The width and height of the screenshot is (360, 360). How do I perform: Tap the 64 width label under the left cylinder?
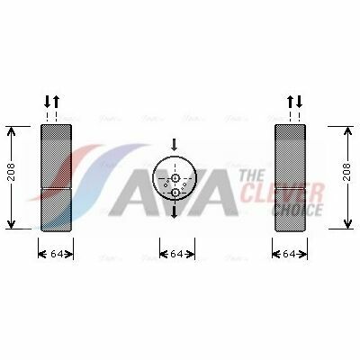(x=56, y=255)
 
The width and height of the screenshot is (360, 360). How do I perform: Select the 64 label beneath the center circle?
(x=176, y=255)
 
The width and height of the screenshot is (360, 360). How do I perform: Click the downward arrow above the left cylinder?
(x=48, y=102)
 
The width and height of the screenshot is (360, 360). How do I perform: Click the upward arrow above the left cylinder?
(x=57, y=102)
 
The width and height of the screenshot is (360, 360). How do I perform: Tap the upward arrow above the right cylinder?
(x=290, y=102)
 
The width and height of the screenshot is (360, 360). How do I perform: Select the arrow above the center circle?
(x=175, y=144)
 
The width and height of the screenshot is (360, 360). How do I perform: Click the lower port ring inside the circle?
(x=175, y=192)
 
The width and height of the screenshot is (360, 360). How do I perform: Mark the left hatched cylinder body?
(x=56, y=176)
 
